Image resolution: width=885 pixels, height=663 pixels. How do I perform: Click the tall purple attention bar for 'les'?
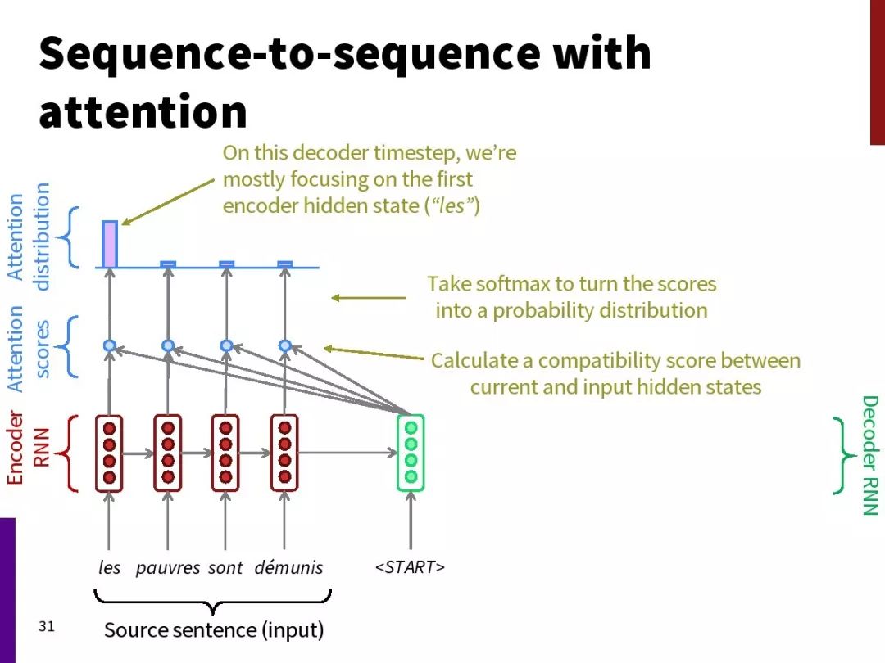point(110,244)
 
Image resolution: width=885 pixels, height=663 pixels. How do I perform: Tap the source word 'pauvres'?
point(168,568)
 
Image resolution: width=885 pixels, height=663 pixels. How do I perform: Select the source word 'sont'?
point(225,567)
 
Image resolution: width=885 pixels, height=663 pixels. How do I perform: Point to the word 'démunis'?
point(289,566)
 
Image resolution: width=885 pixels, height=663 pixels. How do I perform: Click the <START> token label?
point(411,566)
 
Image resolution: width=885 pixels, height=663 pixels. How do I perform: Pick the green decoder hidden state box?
point(411,453)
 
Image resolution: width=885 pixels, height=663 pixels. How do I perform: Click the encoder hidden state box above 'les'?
point(110,453)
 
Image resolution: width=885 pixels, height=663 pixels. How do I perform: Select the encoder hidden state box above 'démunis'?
point(284,453)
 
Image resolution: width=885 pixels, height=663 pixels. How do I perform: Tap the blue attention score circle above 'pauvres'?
point(168,345)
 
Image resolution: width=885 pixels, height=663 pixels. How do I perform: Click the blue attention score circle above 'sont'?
point(226,345)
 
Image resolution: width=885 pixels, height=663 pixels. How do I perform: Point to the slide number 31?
point(47,626)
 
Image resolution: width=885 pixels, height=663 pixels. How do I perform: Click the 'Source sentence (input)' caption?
point(214,629)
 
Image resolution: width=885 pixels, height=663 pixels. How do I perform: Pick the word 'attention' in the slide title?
point(143,111)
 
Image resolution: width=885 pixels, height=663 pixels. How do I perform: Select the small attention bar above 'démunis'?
point(285,264)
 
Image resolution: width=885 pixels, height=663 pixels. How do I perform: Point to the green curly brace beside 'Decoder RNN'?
point(843,456)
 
